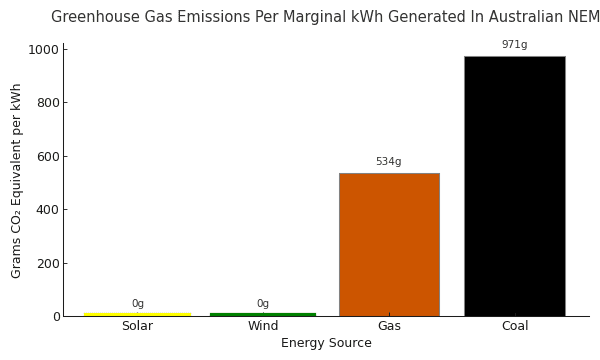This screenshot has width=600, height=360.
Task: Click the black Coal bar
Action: point(514,186)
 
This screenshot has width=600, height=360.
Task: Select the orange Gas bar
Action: point(388,245)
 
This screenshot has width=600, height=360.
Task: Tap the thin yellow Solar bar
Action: point(137,314)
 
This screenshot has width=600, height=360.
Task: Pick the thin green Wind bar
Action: point(263,314)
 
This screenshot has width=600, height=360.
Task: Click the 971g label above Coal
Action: point(514,45)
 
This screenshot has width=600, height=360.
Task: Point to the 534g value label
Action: point(388,162)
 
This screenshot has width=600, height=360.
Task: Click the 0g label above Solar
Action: point(137,304)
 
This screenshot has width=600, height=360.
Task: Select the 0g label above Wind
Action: point(263,304)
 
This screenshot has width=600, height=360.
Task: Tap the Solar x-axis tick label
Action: point(137,326)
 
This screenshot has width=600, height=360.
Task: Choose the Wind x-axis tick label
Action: point(263,326)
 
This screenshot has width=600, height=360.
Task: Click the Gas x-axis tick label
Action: point(388,326)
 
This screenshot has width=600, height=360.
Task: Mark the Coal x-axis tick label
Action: point(514,326)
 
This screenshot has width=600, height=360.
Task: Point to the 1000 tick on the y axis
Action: point(43,50)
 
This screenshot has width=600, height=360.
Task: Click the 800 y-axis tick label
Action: point(47,103)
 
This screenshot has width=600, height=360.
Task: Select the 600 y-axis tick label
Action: point(47,157)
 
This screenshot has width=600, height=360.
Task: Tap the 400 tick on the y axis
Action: point(47,210)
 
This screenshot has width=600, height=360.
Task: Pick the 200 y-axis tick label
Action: point(47,264)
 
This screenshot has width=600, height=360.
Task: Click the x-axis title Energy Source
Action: point(326,343)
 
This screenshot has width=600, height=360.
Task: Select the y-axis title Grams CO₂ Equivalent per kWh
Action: point(17,181)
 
